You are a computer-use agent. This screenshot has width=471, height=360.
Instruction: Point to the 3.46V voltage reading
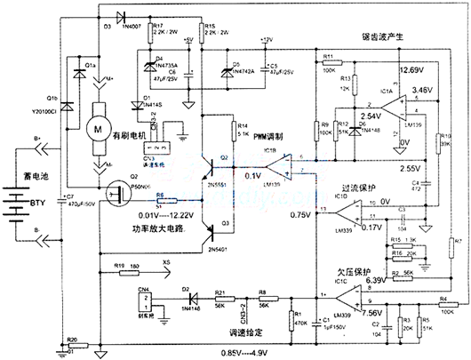[424, 91]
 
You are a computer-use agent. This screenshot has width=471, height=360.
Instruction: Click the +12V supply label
[267, 41]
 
